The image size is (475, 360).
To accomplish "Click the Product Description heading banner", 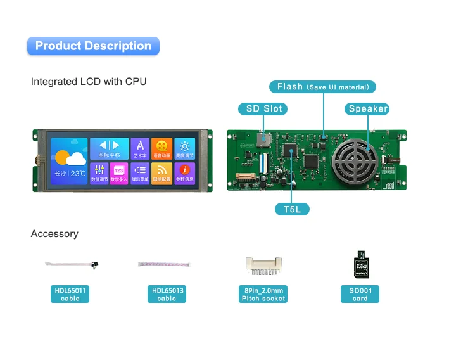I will [x=93, y=46].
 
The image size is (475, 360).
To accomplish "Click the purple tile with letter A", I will [x=140, y=148].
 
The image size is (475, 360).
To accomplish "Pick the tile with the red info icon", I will [x=184, y=172].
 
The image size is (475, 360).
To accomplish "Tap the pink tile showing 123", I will [x=119, y=172].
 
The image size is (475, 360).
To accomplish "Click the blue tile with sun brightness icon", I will [x=184, y=148].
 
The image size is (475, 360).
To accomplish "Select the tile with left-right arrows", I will [x=108, y=148].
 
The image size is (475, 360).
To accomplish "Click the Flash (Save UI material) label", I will [x=323, y=87].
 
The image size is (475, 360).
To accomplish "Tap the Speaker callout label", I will [x=367, y=108].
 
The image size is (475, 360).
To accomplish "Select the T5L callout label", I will [x=292, y=209].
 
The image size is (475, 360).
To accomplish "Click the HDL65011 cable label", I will [x=70, y=294].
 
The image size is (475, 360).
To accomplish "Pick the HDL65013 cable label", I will [x=167, y=294].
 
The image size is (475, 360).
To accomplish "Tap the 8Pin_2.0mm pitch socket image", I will [x=264, y=266].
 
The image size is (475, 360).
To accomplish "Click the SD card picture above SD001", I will [x=360, y=264].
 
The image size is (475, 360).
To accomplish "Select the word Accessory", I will [x=54, y=234].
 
